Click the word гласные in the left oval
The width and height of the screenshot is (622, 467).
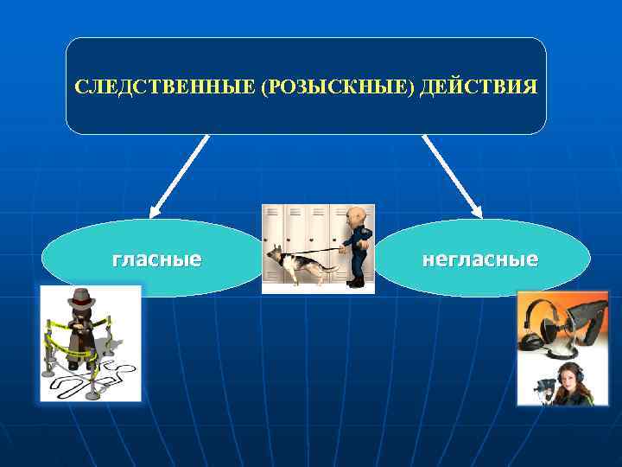157,259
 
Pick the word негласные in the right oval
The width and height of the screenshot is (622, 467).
479,259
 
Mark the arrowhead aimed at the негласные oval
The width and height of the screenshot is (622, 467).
477,210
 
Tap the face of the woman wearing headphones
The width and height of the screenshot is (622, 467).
567,377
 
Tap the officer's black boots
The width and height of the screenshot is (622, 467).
355,281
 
